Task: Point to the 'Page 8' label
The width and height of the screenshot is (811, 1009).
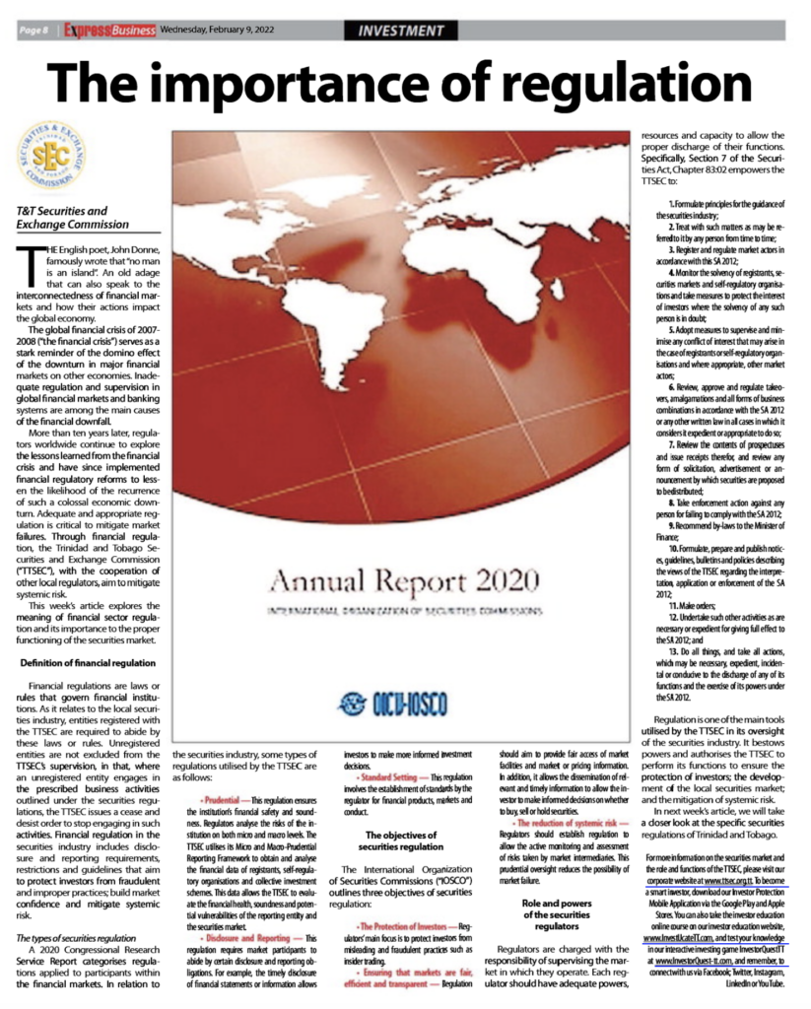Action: tap(37, 31)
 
